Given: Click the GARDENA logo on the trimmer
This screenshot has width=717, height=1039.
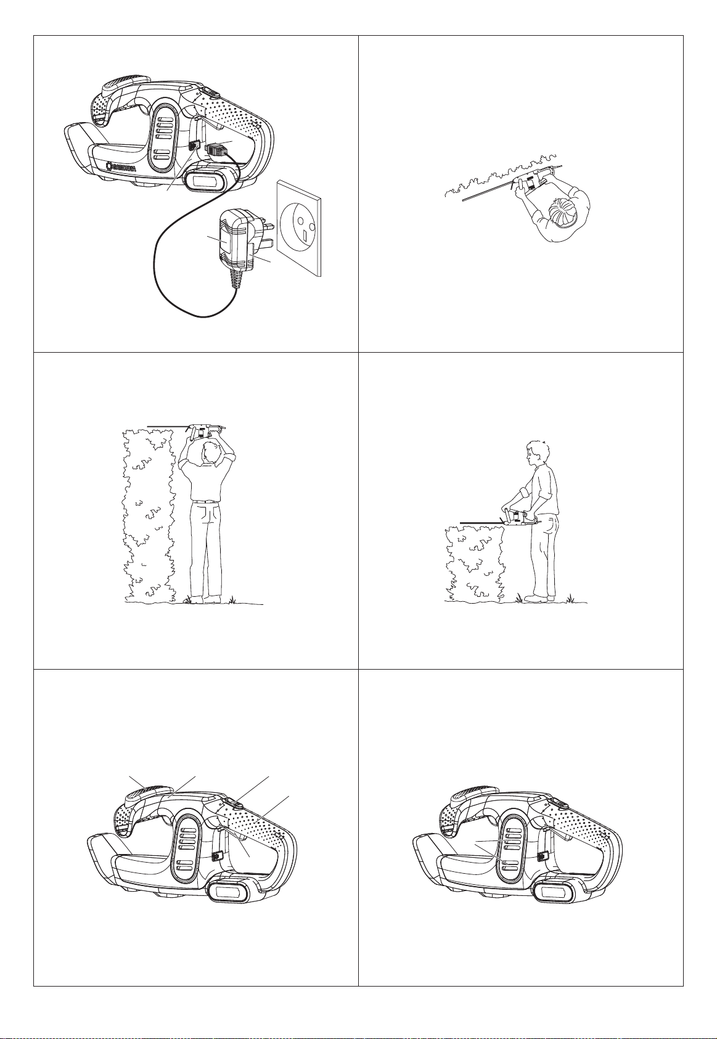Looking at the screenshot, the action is (x=121, y=168).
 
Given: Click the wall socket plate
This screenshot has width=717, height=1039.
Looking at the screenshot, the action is (x=299, y=229).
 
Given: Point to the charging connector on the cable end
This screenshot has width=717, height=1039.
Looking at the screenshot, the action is (x=216, y=150).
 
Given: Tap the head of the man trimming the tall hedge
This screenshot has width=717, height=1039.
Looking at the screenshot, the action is (x=215, y=454).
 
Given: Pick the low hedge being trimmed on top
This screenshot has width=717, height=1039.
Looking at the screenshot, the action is (x=473, y=564).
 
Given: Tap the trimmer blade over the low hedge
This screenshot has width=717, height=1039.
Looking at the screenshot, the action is (x=482, y=523).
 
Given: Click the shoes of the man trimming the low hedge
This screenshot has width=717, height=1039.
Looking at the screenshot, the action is (x=544, y=598).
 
